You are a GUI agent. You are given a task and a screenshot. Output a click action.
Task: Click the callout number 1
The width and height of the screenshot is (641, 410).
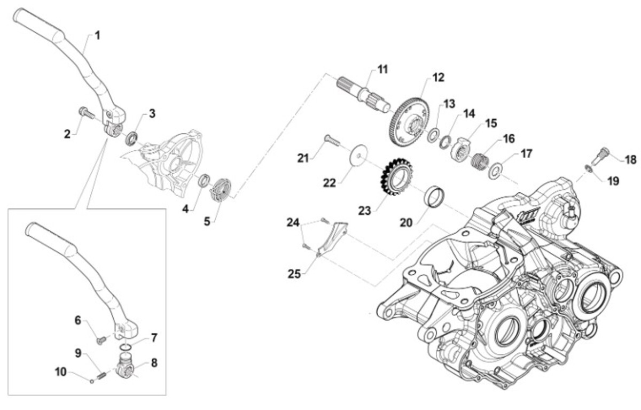click(x=98, y=36)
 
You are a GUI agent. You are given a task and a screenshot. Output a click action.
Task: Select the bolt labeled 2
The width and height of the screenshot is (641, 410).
click(x=87, y=113)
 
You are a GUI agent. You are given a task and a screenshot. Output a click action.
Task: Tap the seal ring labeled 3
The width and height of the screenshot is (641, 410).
click(x=132, y=138)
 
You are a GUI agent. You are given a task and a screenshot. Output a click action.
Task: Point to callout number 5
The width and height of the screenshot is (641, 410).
click(x=207, y=221)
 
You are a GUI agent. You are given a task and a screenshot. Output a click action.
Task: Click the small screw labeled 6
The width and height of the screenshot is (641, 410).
click(x=101, y=340)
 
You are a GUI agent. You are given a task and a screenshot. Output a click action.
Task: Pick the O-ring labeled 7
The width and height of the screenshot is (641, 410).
click(x=126, y=347)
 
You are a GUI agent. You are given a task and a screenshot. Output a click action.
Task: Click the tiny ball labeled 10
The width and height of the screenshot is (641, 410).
click(x=92, y=381)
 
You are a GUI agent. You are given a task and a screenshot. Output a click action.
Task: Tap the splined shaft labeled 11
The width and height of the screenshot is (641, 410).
click(x=363, y=95)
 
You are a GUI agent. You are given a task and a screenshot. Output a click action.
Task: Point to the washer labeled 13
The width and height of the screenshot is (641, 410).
click(x=433, y=135)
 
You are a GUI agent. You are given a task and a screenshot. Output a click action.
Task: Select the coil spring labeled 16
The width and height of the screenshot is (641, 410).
click(x=480, y=161)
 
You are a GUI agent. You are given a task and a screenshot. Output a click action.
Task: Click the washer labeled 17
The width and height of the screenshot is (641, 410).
click(x=495, y=171)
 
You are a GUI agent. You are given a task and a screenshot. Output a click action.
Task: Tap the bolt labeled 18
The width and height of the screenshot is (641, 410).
click(x=599, y=156)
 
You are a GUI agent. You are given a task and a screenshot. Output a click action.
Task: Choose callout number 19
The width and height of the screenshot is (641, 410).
click(x=613, y=181)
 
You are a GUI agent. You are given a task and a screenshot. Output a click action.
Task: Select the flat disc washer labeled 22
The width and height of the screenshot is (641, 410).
click(x=359, y=155)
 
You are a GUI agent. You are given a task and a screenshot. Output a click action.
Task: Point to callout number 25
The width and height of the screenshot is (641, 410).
click(x=294, y=274)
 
